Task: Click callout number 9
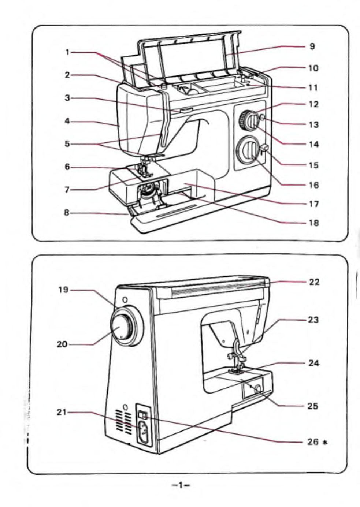click(x=312, y=46)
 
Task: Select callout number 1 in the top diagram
click(x=67, y=52)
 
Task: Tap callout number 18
click(x=313, y=223)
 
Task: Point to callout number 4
click(x=67, y=120)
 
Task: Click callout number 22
click(x=313, y=282)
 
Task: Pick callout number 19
click(x=63, y=290)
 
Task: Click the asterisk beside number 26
click(x=324, y=442)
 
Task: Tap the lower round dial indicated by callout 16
click(x=246, y=150)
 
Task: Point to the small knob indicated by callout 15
click(x=265, y=147)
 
